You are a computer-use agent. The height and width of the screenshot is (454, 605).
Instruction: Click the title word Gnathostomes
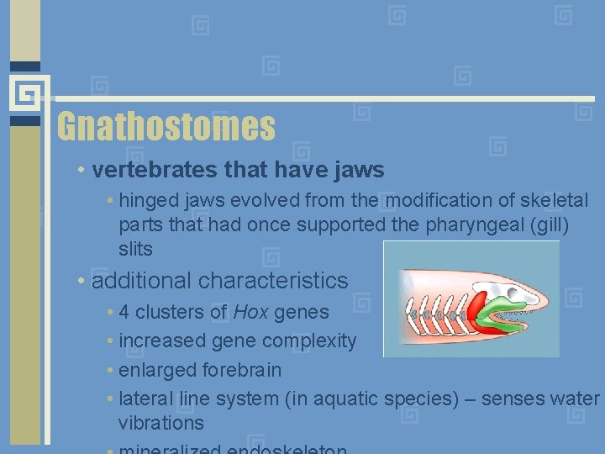pyautogui.click(x=166, y=127)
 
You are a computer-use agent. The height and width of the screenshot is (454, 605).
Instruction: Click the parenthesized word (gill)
pyautogui.click(x=547, y=225)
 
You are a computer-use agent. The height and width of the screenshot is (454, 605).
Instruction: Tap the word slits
pyautogui.click(x=135, y=250)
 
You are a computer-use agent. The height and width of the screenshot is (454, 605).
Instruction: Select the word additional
pyautogui.click(x=142, y=281)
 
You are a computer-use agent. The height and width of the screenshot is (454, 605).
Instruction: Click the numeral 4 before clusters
pyautogui.click(x=124, y=313)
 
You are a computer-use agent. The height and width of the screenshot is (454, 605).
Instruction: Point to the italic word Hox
pyautogui.click(x=250, y=313)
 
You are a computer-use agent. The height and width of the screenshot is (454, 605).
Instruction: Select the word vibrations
pyautogui.click(x=160, y=423)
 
